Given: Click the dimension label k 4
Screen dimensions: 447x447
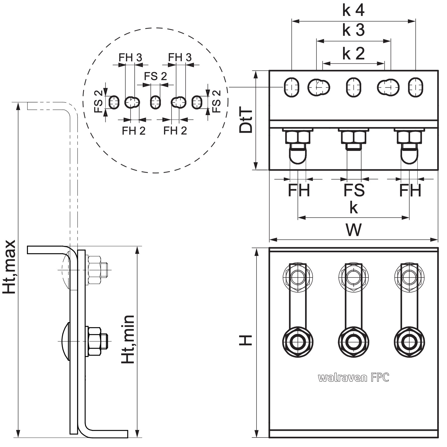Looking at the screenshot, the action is pos(353,10).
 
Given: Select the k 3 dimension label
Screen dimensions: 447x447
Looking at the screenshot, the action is pos(353,30).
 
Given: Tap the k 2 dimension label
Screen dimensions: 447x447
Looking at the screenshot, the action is pos(353,53).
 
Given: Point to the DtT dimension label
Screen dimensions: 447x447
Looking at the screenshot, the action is pos(246,121).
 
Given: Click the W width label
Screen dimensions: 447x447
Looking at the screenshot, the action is pos(354,230).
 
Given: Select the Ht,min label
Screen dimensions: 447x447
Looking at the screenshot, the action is pos(128,339).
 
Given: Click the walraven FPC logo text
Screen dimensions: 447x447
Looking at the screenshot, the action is pos(353,378).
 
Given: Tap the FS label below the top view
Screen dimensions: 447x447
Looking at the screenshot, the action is pos(354,190).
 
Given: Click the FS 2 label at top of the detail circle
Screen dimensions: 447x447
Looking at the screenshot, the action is pos(156,76).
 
